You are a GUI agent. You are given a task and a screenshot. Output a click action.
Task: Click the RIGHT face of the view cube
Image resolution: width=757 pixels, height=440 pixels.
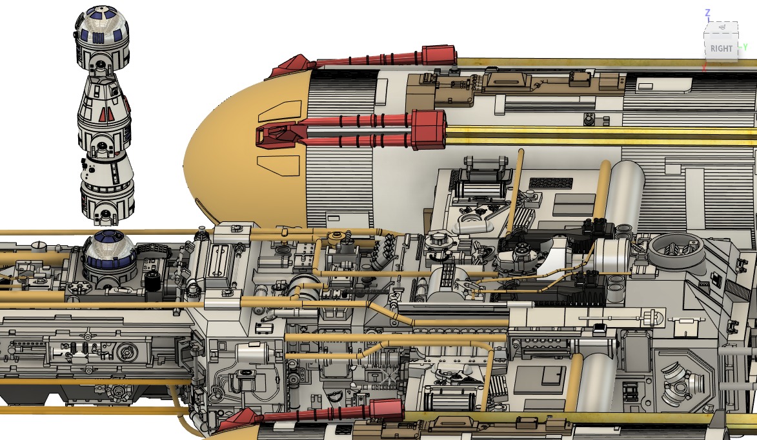tap(721, 48)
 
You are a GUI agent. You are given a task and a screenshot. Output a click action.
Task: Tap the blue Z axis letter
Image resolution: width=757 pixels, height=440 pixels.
tap(707, 13)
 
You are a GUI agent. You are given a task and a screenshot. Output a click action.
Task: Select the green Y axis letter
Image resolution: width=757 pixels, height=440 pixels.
tap(745, 47)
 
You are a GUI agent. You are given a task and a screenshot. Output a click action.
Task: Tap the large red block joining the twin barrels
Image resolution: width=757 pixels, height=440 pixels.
tap(427, 130)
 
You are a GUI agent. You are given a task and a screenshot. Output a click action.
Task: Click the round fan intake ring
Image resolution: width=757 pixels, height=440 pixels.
tap(676, 248)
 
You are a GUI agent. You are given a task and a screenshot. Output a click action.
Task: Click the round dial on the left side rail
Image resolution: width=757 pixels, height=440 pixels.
tap(126, 352)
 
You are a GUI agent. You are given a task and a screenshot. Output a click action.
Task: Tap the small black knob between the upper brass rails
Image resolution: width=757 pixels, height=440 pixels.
tap(589, 119)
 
